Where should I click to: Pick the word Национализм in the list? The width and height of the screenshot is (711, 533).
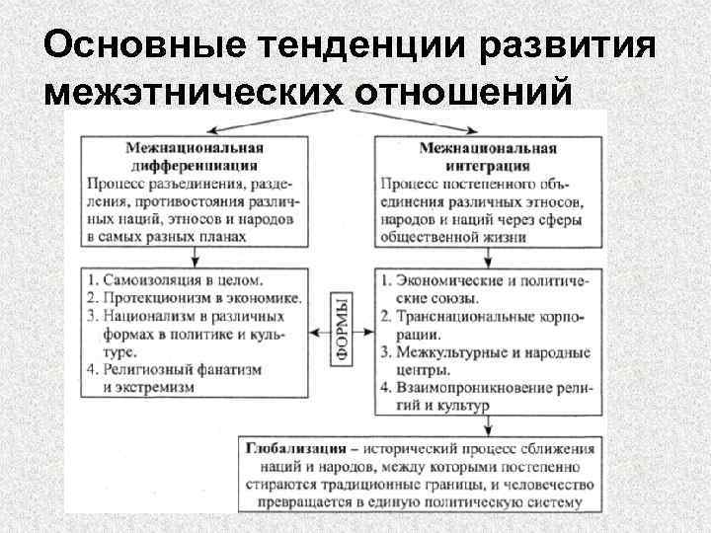click(x=152, y=316)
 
